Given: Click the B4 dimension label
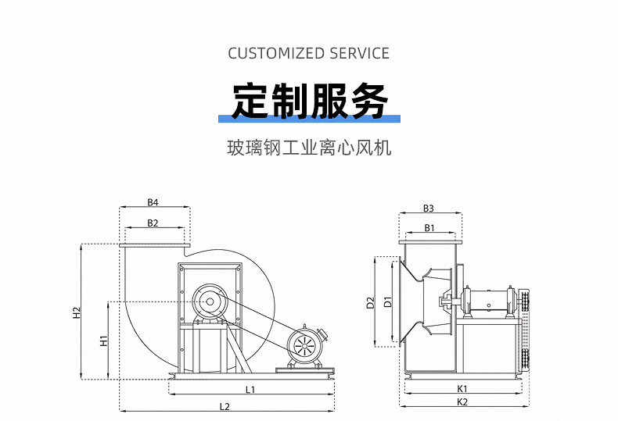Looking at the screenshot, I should [153, 202].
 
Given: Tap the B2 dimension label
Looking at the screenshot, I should [153, 223].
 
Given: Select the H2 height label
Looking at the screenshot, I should [77, 312].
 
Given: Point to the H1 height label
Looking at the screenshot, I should [103, 341].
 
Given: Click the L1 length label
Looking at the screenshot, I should [250, 388].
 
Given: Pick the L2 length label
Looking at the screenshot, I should [225, 406].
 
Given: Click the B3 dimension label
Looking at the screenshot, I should [429, 208].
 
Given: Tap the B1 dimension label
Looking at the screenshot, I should [429, 227].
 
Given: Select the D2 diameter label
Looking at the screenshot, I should [371, 301].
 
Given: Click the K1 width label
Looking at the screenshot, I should [462, 388].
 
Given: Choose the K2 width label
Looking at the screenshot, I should [462, 401].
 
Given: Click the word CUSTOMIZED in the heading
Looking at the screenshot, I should [275, 53].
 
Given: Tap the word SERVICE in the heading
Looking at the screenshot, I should [359, 53].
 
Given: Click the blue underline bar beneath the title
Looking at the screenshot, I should [309, 119].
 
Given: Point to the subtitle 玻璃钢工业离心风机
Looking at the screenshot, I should [309, 148].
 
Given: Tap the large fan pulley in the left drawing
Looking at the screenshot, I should [209, 300].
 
